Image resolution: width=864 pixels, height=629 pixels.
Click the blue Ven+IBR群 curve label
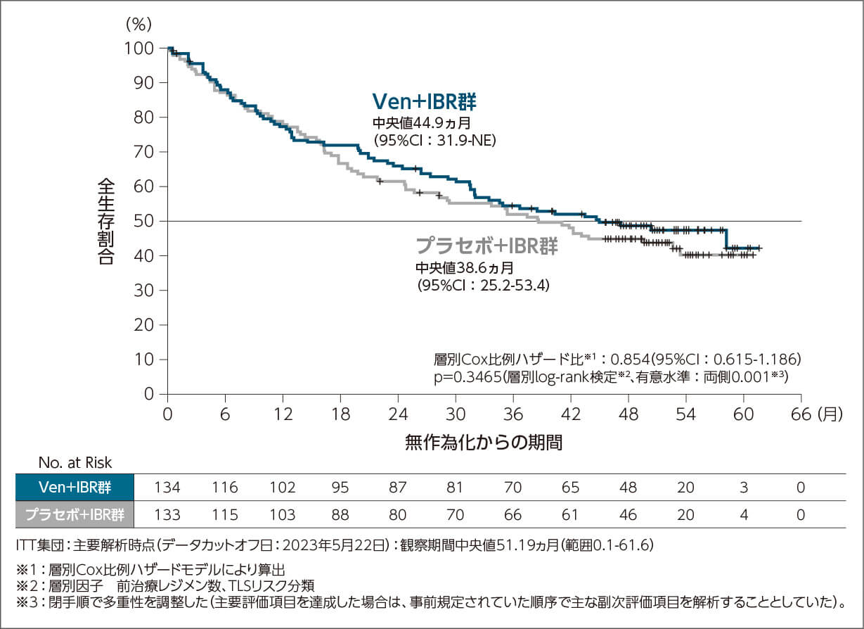(425, 102)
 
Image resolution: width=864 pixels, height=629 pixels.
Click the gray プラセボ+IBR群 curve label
(487, 246)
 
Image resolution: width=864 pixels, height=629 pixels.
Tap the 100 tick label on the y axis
(140, 48)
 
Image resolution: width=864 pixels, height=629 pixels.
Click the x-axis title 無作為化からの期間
(484, 443)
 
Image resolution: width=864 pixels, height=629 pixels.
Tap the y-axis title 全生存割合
(105, 221)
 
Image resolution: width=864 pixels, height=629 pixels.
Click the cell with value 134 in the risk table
(167, 488)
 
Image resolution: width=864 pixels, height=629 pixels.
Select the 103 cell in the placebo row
(283, 514)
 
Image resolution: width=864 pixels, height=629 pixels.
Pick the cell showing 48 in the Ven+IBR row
(628, 488)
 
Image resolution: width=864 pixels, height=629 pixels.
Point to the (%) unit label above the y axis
(138, 23)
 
